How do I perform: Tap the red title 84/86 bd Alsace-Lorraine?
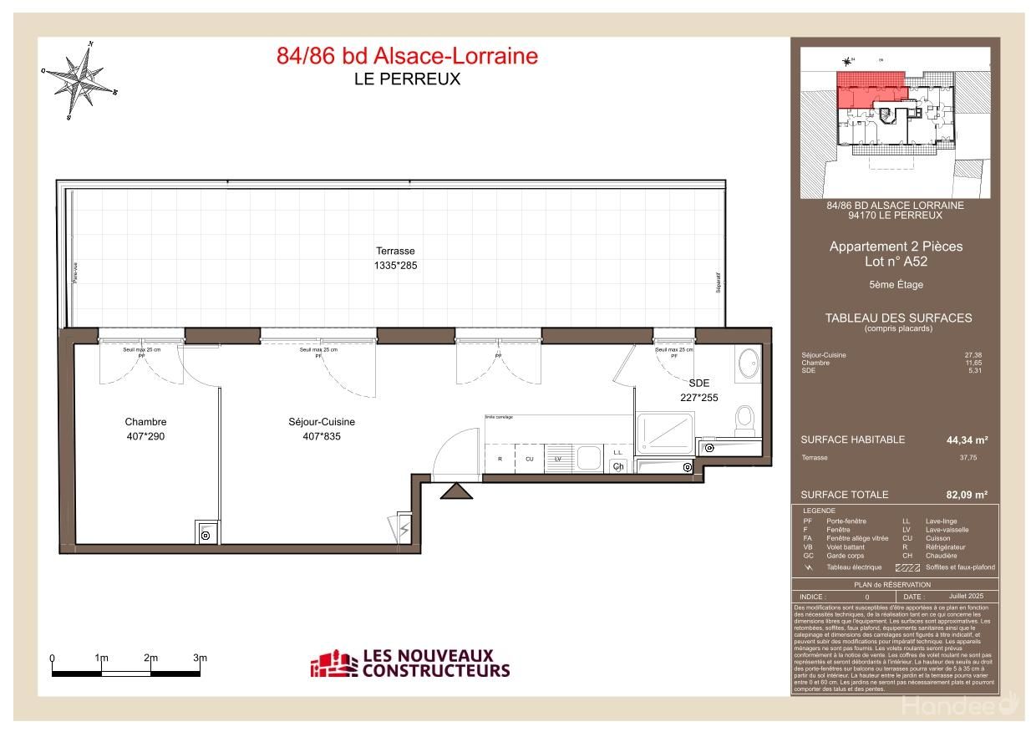pos(407,56)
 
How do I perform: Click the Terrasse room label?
pos(395,251)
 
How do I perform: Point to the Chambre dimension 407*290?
pos(146,436)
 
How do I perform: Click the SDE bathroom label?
pos(699,383)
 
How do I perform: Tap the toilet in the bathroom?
pos(744,417)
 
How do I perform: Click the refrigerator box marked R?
pos(500,459)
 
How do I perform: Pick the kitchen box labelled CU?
pos(529,459)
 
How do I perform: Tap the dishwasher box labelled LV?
pos(557,459)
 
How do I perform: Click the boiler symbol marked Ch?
pos(618,466)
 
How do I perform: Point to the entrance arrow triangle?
pos(456,492)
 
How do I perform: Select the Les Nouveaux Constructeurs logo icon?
pos(332,663)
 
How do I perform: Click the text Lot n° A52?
pos(896,261)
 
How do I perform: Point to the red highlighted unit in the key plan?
pos(869,88)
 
